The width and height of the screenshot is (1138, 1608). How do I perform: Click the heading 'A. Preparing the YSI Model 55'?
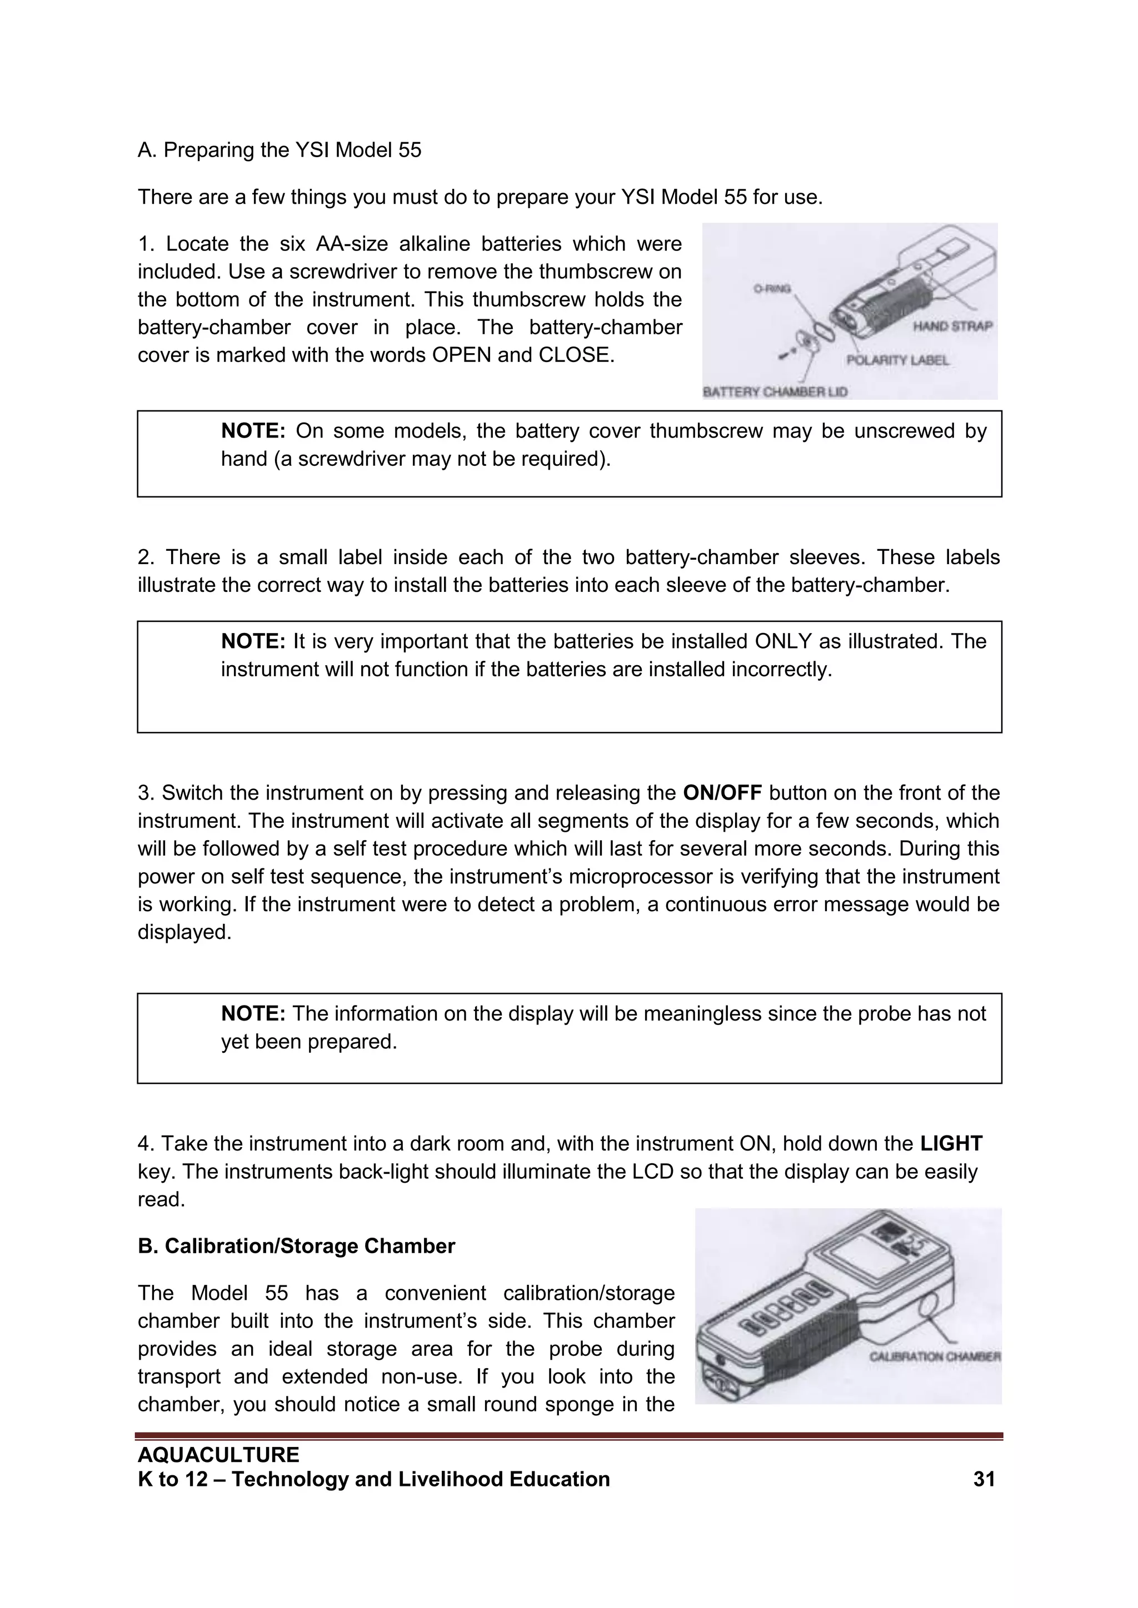[279, 150]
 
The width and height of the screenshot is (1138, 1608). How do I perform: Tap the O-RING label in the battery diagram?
[771, 288]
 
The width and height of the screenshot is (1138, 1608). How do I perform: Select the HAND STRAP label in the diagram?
[952, 326]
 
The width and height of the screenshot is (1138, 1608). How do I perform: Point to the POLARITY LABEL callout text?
[897, 360]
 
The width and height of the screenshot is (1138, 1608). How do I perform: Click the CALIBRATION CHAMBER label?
[935, 1356]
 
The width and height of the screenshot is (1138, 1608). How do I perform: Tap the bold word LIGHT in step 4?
[951, 1144]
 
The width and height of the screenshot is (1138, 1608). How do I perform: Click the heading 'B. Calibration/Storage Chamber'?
[296, 1246]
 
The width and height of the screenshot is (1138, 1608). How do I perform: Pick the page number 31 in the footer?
[984, 1479]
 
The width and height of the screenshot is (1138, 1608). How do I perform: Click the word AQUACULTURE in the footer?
[218, 1455]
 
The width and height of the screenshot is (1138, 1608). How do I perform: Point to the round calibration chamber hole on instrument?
[935, 1308]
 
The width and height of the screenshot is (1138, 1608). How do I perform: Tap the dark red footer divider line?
[569, 1436]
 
